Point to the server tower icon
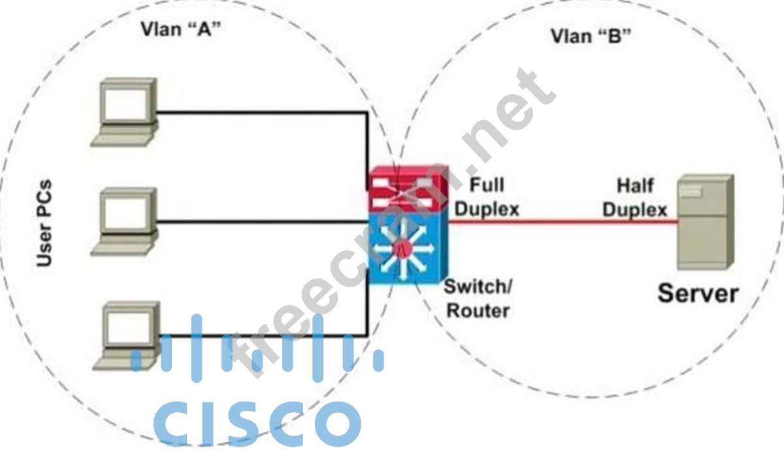[x=704, y=222]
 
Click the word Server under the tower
[x=697, y=293]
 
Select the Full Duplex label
[x=487, y=197]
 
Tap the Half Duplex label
[x=634, y=197]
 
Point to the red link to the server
[x=562, y=221]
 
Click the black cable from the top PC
[x=261, y=112]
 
